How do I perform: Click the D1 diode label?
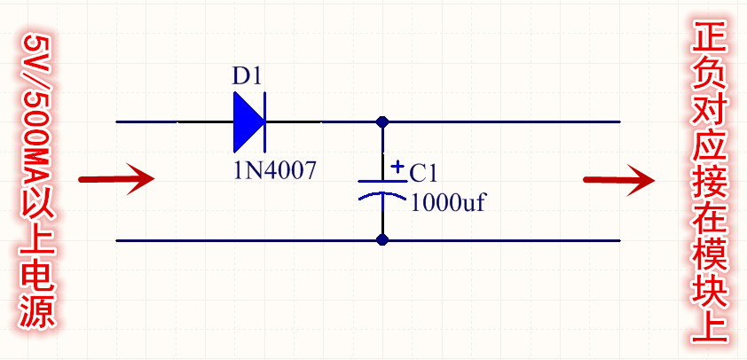pos(247,76)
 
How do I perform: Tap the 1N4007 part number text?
pos(274,170)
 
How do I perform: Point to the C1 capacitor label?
pos(424,172)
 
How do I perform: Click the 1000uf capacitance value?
pos(449,203)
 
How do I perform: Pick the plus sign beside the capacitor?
pos(397,166)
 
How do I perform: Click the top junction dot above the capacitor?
pos(382,121)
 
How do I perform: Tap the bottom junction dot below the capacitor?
pos(382,239)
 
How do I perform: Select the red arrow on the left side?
pos(116,179)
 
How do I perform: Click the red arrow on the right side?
pos(618,179)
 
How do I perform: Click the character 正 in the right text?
pos(711,38)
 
